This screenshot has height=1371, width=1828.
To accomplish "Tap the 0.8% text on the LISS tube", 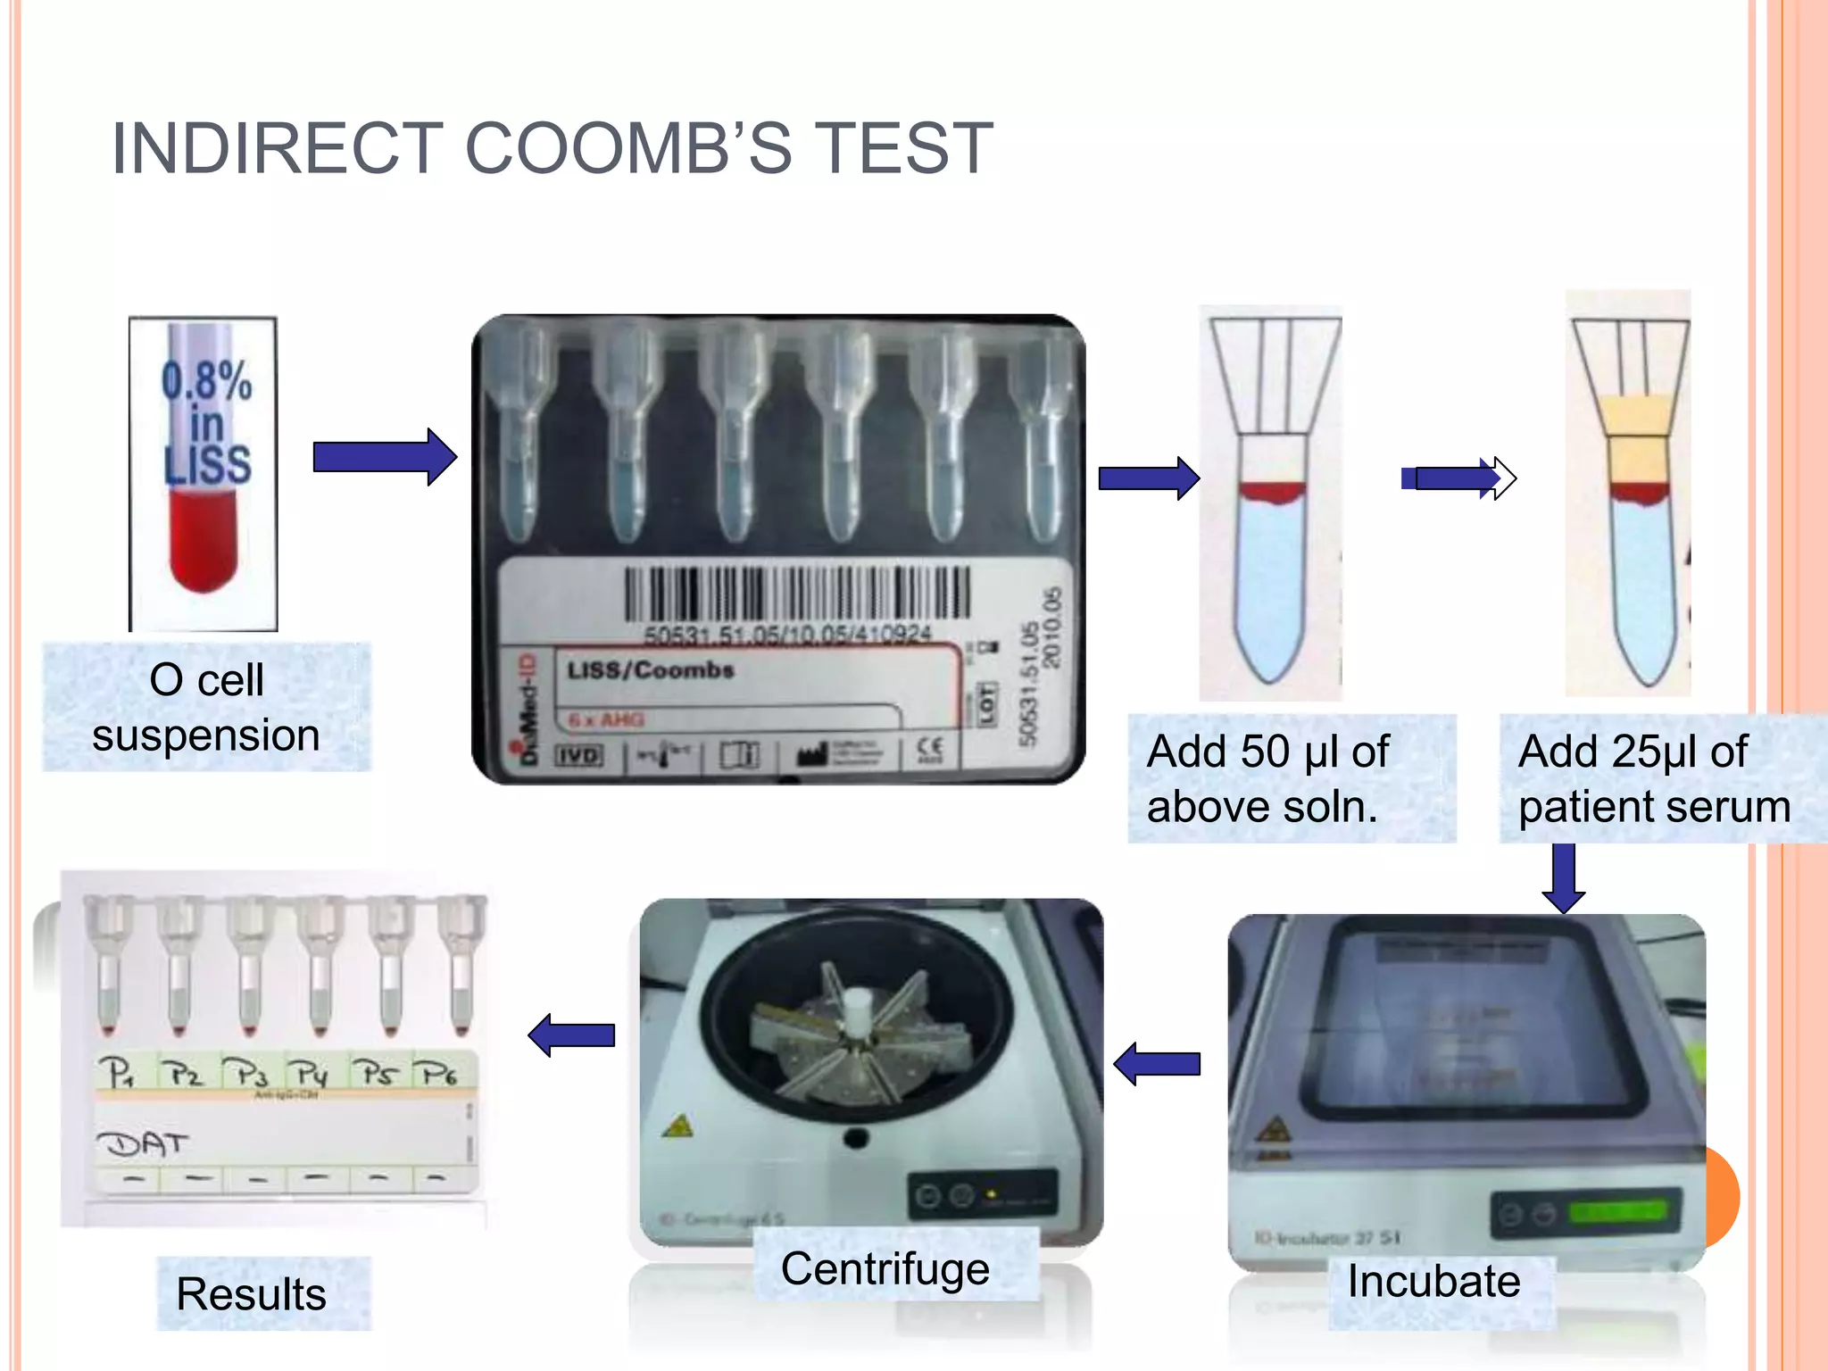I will pyautogui.click(x=207, y=380).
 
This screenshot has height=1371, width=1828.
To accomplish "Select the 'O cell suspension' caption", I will pyautogui.click(x=206, y=707).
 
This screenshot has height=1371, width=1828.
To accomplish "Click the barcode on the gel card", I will pyautogui.click(x=796, y=593).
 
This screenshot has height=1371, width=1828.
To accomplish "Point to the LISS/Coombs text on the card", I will pyautogui.click(x=651, y=669).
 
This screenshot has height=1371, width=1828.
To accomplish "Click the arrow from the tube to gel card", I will pyautogui.click(x=385, y=457).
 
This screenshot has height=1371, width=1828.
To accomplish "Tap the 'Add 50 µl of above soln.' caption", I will pyautogui.click(x=1291, y=778).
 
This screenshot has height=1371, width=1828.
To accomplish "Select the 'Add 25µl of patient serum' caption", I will pyautogui.click(x=1654, y=778).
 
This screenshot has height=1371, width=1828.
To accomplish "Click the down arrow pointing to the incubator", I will pyautogui.click(x=1563, y=878).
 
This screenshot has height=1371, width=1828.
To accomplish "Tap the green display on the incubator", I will pyautogui.click(x=1617, y=1212).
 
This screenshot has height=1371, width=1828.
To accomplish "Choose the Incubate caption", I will pyautogui.click(x=1433, y=1281).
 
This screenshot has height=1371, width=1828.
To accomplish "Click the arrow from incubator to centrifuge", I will pyautogui.click(x=1158, y=1063).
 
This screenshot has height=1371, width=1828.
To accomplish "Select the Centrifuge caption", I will pyautogui.click(x=885, y=1268).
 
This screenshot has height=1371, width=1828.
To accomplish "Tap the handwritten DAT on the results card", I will pyautogui.click(x=144, y=1143).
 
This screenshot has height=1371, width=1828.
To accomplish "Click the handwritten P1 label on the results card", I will pyautogui.click(x=117, y=1071).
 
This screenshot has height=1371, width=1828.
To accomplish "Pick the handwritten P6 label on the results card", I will pyautogui.click(x=439, y=1073).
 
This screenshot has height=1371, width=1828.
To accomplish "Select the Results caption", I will pyautogui.click(x=252, y=1293).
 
